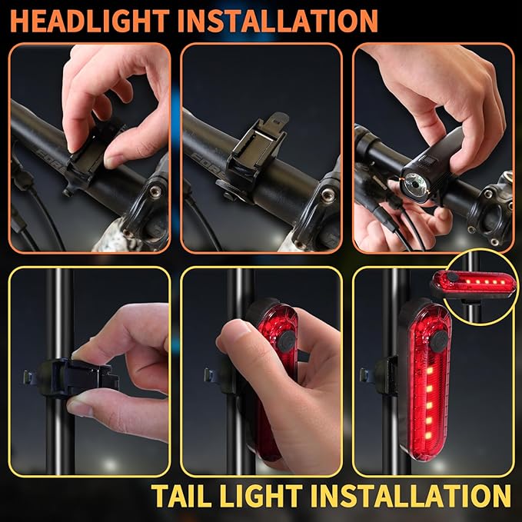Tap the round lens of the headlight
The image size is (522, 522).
pos(416,182)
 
